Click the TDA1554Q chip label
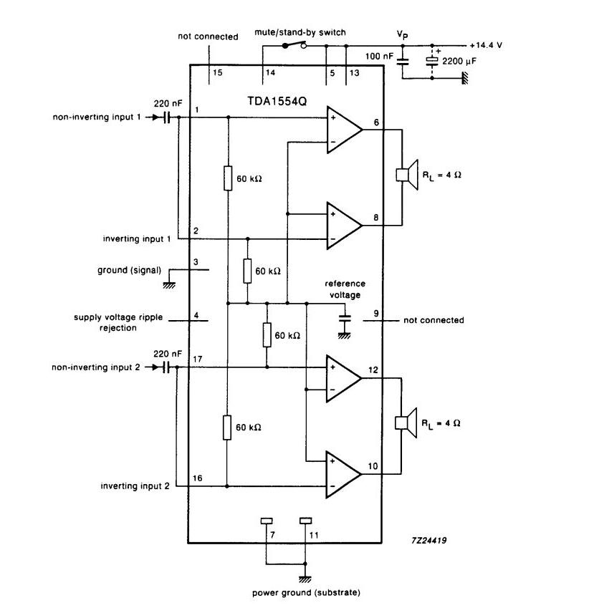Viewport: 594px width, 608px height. (277, 101)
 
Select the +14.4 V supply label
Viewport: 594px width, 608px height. (486, 45)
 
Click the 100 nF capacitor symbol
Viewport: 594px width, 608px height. (403, 62)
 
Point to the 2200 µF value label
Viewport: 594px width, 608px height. (459, 62)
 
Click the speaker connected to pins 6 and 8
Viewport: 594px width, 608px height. (407, 175)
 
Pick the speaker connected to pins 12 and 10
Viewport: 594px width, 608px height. (406, 423)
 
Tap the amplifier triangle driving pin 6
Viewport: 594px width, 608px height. (344, 130)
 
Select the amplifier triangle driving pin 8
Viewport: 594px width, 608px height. (344, 226)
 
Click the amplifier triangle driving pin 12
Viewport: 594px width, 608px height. (344, 378)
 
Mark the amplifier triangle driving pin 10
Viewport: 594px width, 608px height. (344, 474)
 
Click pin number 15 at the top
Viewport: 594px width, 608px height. (218, 72)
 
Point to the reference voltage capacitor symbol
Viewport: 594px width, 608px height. (345, 319)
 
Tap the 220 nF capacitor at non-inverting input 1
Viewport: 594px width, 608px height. (167, 117)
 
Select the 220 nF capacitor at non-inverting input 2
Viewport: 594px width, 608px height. (166, 367)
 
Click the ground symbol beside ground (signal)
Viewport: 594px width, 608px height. (169, 285)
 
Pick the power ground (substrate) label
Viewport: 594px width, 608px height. (306, 592)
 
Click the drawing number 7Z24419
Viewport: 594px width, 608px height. (428, 540)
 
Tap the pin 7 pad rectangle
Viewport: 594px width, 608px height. (267, 521)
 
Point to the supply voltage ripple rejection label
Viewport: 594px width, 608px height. (118, 322)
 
